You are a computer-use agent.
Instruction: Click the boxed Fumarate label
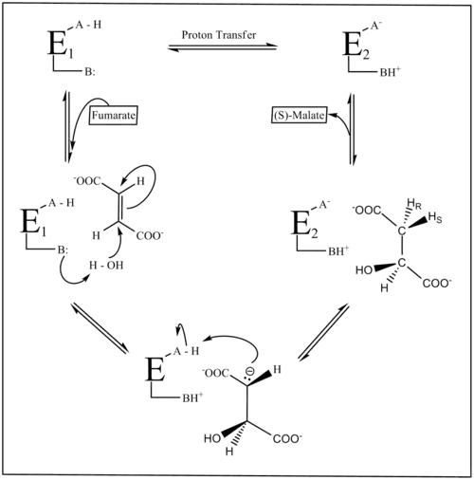point(114,115)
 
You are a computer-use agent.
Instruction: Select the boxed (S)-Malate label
point(300,115)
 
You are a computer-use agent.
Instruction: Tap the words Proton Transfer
point(219,35)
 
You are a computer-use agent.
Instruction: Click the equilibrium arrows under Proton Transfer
point(223,47)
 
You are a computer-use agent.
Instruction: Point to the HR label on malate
point(414,204)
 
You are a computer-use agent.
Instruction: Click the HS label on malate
point(435,218)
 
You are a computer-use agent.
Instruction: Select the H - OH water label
point(106,265)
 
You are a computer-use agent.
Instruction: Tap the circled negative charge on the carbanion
point(249,372)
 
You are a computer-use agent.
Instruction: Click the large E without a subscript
point(155,369)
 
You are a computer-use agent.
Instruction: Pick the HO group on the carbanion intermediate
point(212,438)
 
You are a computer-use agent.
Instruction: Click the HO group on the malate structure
point(364,270)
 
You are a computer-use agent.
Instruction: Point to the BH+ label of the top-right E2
point(390,72)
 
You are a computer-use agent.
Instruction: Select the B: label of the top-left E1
point(89,72)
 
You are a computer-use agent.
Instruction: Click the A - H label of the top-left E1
point(88,25)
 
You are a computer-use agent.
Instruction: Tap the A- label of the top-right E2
point(374,26)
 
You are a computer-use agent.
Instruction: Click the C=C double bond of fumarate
point(119,207)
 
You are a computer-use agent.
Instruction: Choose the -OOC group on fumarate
point(86,181)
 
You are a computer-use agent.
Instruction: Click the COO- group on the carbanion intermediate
point(287,439)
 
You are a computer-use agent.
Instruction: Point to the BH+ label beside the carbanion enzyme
point(192,397)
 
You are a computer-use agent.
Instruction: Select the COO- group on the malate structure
point(437,283)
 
